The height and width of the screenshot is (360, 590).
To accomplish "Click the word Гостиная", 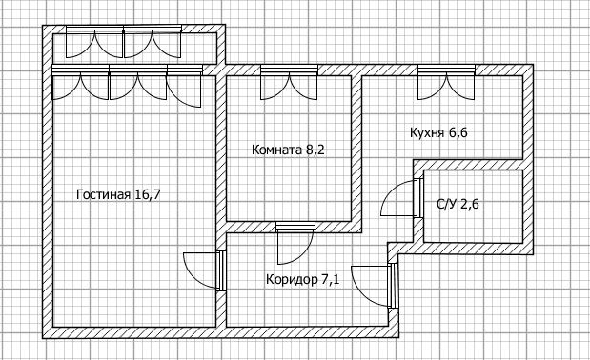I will (x=103, y=195).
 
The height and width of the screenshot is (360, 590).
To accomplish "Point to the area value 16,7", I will (x=148, y=195).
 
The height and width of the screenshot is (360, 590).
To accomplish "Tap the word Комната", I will (x=275, y=150).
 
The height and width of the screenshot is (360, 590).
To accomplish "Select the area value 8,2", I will (x=315, y=150).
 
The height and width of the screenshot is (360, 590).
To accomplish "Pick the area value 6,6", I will (x=458, y=132).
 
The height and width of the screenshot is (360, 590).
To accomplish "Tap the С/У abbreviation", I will (x=445, y=203).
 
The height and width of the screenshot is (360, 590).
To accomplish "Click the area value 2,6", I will (x=472, y=203).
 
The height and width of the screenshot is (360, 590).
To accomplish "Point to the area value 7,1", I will (x=331, y=280).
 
